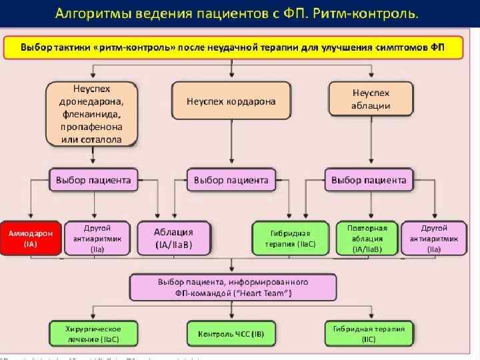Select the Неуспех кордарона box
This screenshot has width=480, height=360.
(231, 101)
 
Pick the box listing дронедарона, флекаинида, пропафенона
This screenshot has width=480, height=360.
(92, 113)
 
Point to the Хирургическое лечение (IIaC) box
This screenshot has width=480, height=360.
(93, 334)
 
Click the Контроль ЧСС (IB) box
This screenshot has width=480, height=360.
(231, 334)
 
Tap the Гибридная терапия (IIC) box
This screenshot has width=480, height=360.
(369, 334)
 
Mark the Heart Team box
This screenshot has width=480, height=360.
(231, 287)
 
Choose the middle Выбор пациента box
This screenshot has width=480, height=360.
(231, 180)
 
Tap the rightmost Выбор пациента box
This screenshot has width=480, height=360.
(369, 180)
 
